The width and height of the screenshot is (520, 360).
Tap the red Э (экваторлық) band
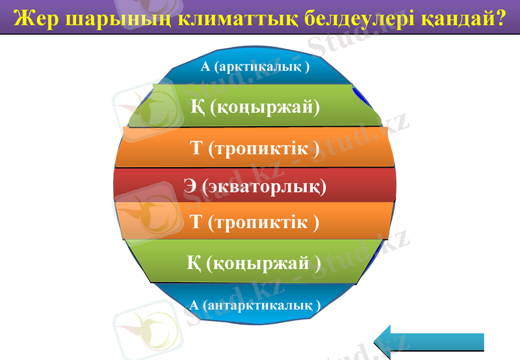click(255, 187)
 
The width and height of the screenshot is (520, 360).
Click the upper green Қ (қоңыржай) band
click(255, 106)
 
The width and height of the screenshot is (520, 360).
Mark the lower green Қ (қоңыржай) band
click(255, 263)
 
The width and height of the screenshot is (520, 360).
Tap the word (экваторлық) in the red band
click(264, 187)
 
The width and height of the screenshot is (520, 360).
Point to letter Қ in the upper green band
click(198, 106)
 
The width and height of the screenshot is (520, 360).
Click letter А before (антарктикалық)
click(194, 304)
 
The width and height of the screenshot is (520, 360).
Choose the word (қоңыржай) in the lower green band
click(263, 263)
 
